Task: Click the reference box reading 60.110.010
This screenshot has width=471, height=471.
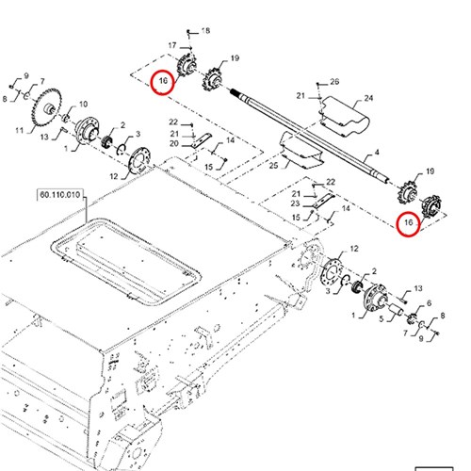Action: pyautogui.click(x=59, y=195)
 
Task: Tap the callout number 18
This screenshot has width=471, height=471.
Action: pyautogui.click(x=205, y=31)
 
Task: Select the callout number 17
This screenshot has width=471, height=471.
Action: pyautogui.click(x=172, y=45)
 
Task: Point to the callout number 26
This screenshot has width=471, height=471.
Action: pyautogui.click(x=334, y=82)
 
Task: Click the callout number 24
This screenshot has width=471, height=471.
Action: pyautogui.click(x=368, y=98)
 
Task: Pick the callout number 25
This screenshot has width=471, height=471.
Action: pyautogui.click(x=274, y=165)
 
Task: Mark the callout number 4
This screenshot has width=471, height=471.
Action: pyautogui.click(x=377, y=153)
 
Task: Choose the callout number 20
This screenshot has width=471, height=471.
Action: pyautogui.click(x=174, y=144)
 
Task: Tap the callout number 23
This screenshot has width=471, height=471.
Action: pyautogui.click(x=295, y=203)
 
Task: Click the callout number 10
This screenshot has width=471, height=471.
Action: pyautogui.click(x=83, y=104)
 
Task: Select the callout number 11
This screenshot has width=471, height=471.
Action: pyautogui.click(x=20, y=130)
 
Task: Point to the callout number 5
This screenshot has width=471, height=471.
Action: pyautogui.click(x=382, y=319)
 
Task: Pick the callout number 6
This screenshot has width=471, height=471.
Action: pyautogui.click(x=429, y=303)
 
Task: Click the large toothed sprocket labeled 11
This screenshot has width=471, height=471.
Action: pyautogui.click(x=46, y=106)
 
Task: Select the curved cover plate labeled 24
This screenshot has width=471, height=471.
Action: pyautogui.click(x=344, y=116)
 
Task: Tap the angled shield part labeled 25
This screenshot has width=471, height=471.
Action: pyautogui.click(x=300, y=149)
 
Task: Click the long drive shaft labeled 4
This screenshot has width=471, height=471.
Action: pyautogui.click(x=309, y=135)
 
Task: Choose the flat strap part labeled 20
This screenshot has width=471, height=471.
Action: pyautogui.click(x=201, y=140)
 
